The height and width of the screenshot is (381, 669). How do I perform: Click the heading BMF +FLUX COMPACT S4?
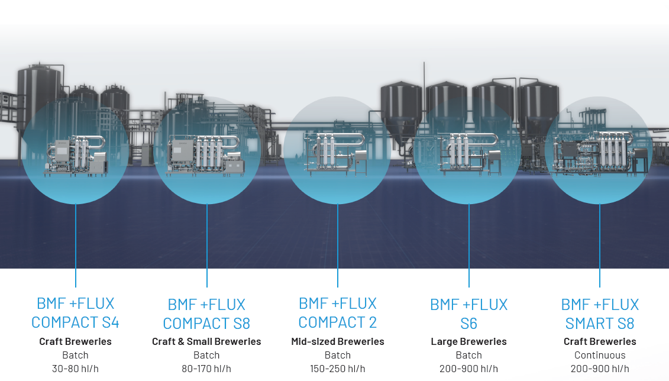[x=75, y=313]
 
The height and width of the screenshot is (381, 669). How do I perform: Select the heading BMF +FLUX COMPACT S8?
[x=206, y=314]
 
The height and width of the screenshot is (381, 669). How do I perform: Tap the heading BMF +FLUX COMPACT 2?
[x=337, y=313]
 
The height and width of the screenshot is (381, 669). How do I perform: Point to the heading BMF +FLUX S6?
[x=468, y=314]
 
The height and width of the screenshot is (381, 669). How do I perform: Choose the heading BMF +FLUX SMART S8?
[x=600, y=314]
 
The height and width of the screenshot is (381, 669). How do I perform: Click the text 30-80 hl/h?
[x=75, y=369]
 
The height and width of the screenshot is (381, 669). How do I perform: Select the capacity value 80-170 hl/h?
[x=206, y=369]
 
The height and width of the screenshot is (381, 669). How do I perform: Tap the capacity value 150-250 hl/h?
[x=337, y=369]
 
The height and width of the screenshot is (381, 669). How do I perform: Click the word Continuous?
[x=600, y=355]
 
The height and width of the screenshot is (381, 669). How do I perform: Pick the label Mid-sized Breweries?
[x=337, y=341]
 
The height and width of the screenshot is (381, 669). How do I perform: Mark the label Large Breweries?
[x=468, y=341]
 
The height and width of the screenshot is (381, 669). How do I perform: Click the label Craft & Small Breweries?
[x=206, y=341]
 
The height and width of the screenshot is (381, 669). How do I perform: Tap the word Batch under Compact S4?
[x=75, y=355]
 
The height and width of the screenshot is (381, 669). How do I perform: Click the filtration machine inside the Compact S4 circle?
[x=77, y=157]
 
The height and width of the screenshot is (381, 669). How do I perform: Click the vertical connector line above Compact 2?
[x=337, y=246]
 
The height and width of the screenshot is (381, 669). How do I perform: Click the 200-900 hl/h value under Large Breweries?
[x=468, y=369]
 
